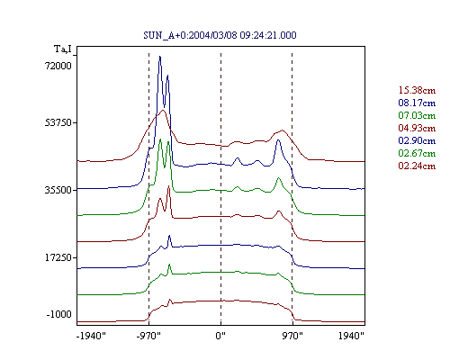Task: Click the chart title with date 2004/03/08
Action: (220, 35)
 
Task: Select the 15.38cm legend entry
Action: (417, 90)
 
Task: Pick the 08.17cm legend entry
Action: (417, 103)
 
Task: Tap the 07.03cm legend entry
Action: (417, 115)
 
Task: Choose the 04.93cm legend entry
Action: (417, 128)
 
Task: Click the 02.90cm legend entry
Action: (417, 140)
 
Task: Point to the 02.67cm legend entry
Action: (417, 153)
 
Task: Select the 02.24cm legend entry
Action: (417, 166)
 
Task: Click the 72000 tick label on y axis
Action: (58, 66)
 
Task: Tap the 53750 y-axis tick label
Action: (58, 122)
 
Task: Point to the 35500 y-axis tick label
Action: (58, 190)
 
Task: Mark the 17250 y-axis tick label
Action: (58, 257)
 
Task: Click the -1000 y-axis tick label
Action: (59, 314)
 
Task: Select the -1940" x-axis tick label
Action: (91, 336)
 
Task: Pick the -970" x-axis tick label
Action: (148, 336)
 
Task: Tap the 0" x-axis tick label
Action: (220, 336)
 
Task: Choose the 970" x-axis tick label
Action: (292, 336)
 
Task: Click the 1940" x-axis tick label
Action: (351, 336)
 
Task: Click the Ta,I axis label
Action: (63, 49)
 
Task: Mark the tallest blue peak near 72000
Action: (160, 57)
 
